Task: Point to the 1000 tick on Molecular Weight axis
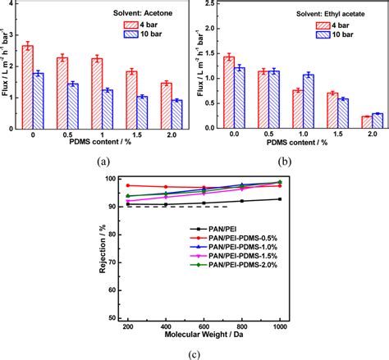280,326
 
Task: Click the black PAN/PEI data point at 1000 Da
280,199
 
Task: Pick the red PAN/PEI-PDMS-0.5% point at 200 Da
128,185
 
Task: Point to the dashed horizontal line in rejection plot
164,207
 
